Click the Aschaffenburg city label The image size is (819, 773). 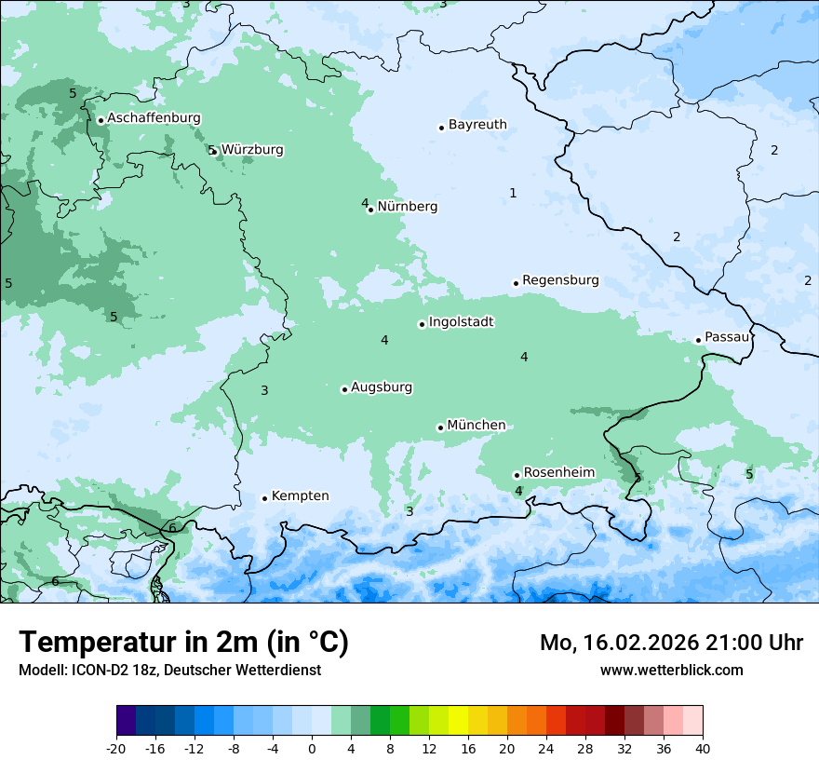(x=154, y=118)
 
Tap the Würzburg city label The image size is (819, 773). (x=252, y=150)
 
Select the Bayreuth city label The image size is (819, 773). (x=477, y=125)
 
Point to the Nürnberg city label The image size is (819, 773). (x=407, y=207)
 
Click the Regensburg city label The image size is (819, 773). (x=560, y=280)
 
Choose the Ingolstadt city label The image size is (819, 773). (x=461, y=322)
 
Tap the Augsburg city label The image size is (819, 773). (x=381, y=387)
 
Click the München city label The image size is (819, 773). (x=476, y=426)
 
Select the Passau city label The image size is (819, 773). (x=726, y=337)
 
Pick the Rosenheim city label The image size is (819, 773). (x=558, y=473)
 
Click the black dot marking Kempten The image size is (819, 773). (x=264, y=498)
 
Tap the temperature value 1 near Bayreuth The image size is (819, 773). (x=513, y=193)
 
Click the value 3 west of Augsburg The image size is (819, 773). (x=264, y=390)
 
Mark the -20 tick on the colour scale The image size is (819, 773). (x=116, y=748)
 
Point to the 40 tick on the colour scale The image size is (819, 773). (x=703, y=748)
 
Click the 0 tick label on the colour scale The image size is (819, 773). (x=312, y=748)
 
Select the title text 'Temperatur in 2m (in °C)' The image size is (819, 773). (x=183, y=643)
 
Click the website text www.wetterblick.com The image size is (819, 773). (x=671, y=670)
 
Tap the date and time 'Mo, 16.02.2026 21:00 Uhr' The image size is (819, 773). (x=671, y=643)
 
